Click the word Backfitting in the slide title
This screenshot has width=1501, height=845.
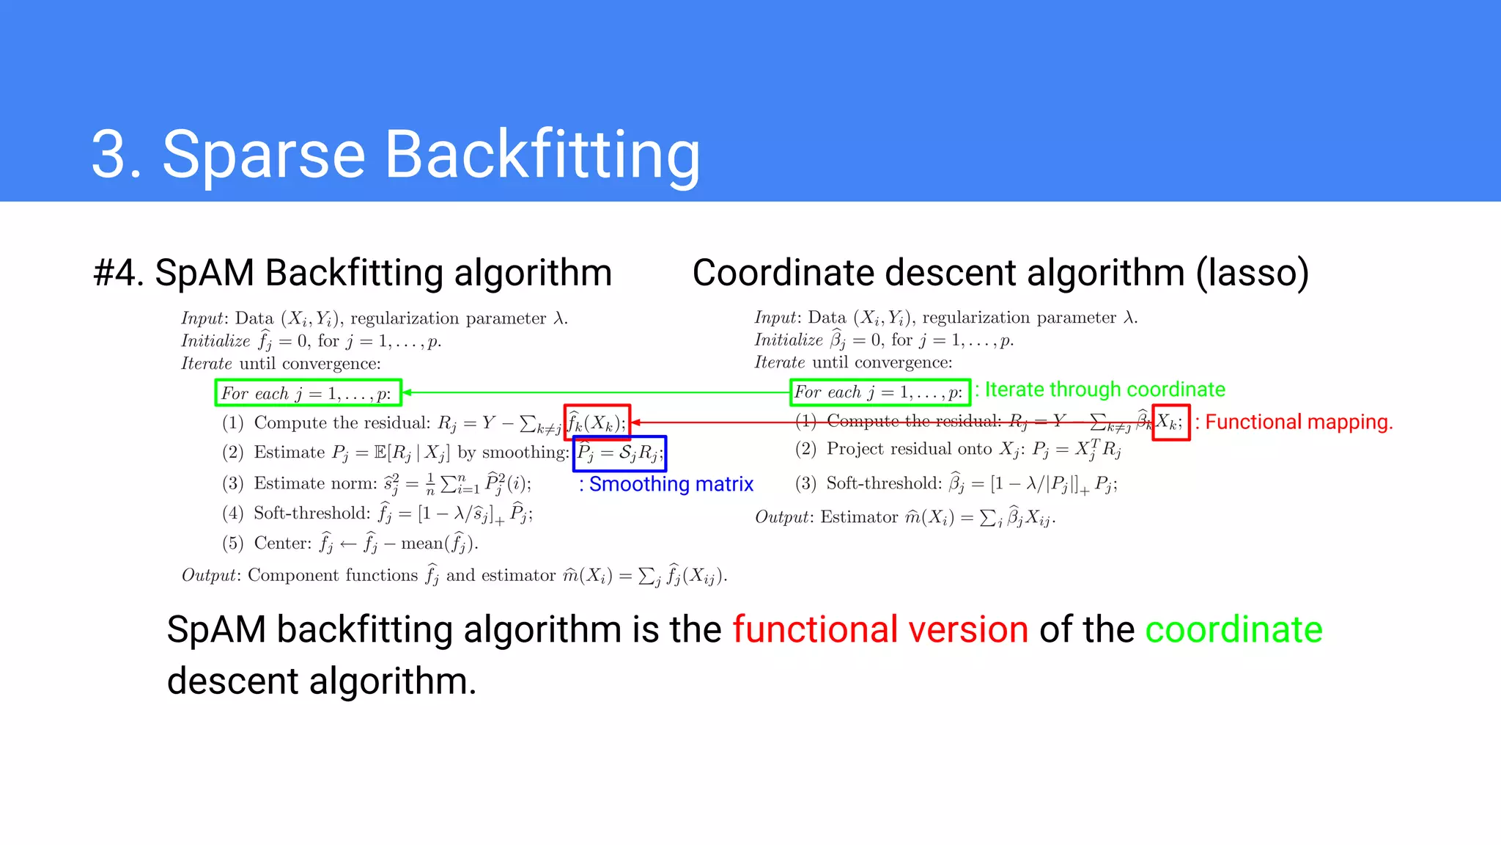[542, 156]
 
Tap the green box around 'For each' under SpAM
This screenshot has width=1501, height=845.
[308, 392]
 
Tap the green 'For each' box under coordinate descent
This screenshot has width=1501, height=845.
[880, 392]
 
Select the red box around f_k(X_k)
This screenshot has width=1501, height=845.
[597, 422]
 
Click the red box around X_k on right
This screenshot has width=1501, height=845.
[1170, 422]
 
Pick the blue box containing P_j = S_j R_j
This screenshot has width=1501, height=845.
[619, 453]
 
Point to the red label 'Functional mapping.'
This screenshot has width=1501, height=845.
[1297, 422]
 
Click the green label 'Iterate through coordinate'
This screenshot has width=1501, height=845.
[1104, 389]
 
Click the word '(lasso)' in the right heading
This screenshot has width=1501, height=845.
[1253, 273]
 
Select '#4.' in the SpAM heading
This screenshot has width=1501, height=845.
[119, 273]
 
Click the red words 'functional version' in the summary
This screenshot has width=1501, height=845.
[880, 629]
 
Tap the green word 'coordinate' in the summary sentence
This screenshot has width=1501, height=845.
[1233, 629]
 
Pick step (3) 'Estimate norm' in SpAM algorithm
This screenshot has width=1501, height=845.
[315, 483]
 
